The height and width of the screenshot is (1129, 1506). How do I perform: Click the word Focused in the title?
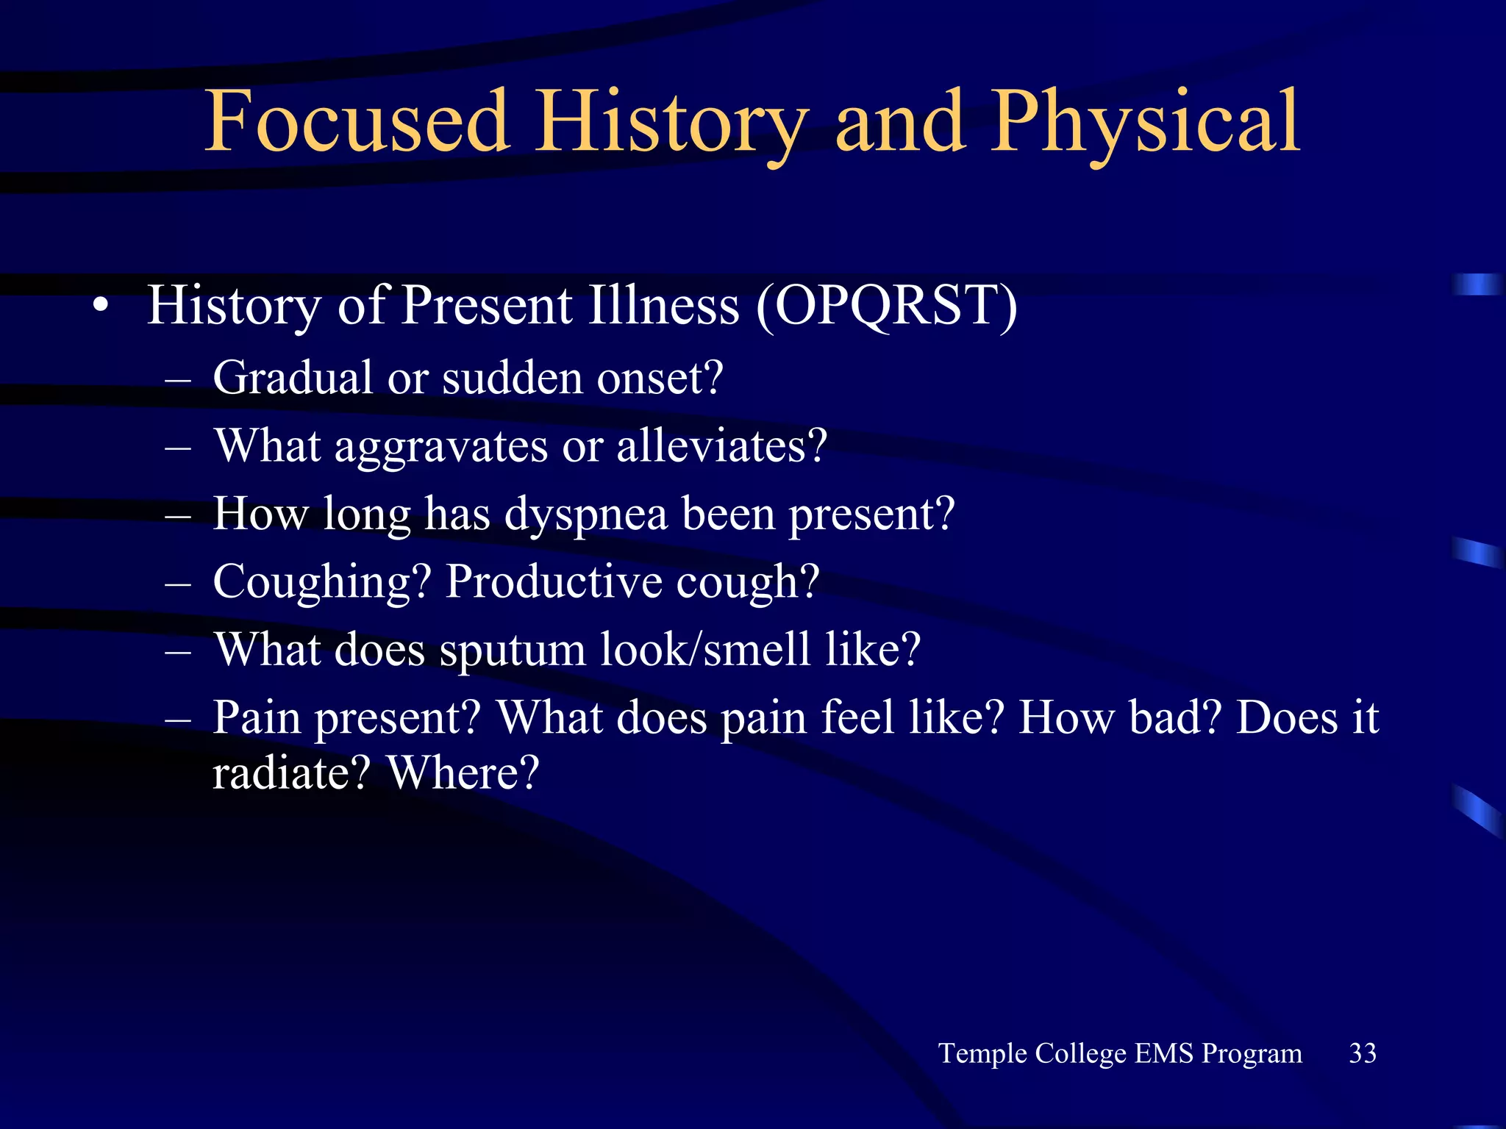coord(357,121)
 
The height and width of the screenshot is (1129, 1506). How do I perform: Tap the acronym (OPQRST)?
coord(886,306)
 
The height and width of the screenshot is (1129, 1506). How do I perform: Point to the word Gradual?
coord(293,379)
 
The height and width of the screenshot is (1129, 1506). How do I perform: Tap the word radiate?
coord(290,773)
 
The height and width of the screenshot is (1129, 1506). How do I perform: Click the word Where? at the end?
coord(463,773)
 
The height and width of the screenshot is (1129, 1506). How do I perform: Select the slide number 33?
coord(1362,1053)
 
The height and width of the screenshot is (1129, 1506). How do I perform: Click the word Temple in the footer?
coord(983,1054)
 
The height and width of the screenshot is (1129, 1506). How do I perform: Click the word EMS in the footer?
coord(1163,1053)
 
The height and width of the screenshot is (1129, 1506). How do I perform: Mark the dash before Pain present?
coord(178,719)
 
